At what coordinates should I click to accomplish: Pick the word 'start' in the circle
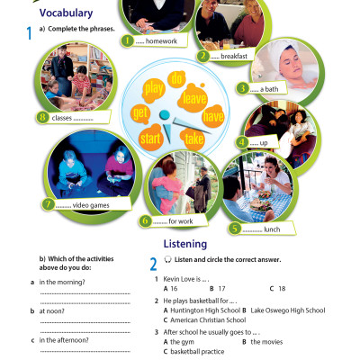coord(152,138)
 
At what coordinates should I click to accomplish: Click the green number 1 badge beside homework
coord(126,40)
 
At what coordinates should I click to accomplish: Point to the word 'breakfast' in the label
coord(235,56)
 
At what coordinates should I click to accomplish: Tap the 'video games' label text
coord(85,204)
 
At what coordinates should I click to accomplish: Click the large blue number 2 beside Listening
coord(154,264)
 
